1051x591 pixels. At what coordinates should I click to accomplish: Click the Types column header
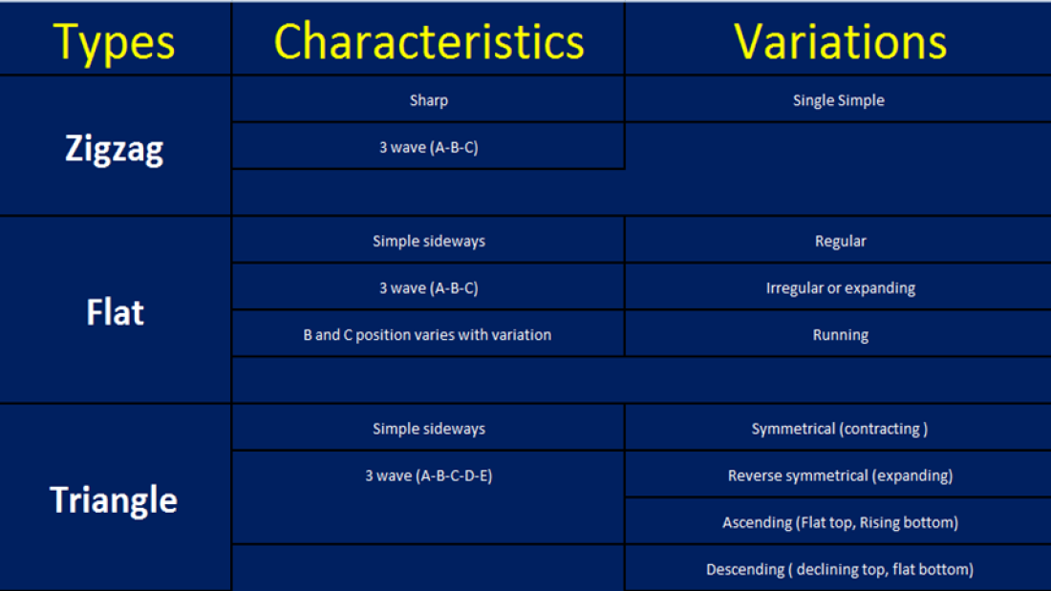[x=114, y=43]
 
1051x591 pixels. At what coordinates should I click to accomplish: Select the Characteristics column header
[x=429, y=42]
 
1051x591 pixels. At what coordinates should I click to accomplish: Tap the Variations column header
[x=841, y=42]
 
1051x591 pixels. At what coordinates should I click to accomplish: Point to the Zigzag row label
[x=114, y=149]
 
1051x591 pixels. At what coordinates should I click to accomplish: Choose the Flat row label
[x=115, y=312]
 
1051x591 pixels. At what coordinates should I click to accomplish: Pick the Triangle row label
[x=114, y=500]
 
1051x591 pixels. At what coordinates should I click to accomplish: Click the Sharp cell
[x=429, y=100]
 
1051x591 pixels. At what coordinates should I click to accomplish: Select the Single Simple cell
[x=839, y=100]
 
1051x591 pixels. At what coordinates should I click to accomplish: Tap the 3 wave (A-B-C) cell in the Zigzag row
[x=429, y=147]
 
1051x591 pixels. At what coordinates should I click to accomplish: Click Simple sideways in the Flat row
[x=429, y=242]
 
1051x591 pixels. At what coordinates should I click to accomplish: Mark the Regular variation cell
[x=841, y=242]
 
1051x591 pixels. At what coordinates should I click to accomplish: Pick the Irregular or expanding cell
[x=841, y=288]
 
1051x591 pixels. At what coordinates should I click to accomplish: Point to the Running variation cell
[x=841, y=335]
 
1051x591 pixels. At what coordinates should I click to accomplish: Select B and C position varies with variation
[x=428, y=335]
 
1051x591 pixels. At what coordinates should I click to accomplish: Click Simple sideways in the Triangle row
[x=429, y=429]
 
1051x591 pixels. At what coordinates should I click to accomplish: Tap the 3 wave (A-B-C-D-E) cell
[x=429, y=475]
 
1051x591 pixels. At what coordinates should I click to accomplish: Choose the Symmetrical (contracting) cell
[x=840, y=429]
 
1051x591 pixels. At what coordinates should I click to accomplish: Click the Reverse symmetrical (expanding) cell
[x=841, y=475]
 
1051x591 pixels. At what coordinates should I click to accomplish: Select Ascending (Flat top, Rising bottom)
[x=841, y=522]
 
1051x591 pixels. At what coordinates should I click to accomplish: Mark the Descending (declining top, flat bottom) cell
[x=840, y=570]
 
